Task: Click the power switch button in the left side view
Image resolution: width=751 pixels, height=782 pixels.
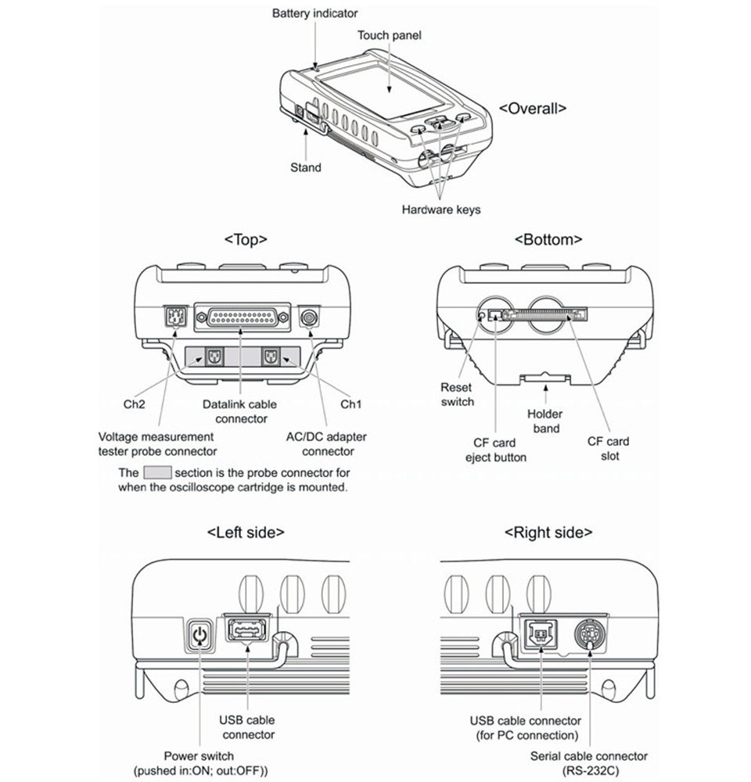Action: coord(201,636)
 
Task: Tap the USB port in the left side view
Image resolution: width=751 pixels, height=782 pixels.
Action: coord(247,629)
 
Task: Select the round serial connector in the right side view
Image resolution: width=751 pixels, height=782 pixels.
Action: coord(589,635)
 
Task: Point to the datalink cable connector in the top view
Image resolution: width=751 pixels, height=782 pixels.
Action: coord(242,317)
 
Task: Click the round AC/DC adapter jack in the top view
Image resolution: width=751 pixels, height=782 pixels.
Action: coord(311,317)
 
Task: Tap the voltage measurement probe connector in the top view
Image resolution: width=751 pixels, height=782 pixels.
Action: coord(173,317)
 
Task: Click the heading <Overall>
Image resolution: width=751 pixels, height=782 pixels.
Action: coord(532,109)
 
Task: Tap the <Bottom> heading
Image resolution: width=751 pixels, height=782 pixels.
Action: coord(548,239)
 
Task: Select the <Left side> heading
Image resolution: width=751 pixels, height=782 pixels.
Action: coord(246,533)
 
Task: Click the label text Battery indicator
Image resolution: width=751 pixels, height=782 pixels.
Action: coord(314,13)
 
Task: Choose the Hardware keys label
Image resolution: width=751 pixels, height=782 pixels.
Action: coord(441,209)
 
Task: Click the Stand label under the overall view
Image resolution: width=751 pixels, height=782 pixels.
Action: coord(305,167)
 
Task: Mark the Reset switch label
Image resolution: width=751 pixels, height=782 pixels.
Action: coord(457,394)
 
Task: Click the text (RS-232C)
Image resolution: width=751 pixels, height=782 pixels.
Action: coord(588,771)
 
